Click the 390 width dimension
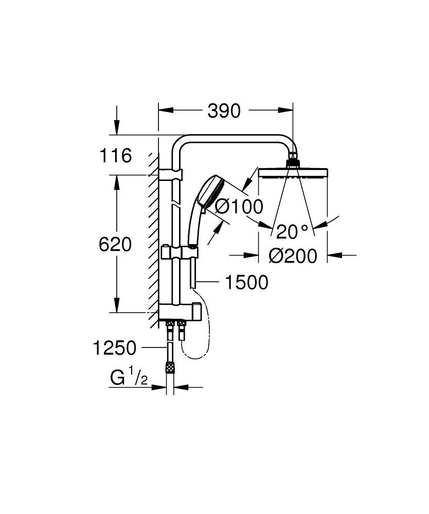point(224,111)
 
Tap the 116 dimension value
point(116,155)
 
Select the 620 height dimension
point(115,244)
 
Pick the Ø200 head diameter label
point(293,255)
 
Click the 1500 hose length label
point(247,282)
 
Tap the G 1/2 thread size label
point(129,379)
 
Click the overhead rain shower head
point(293,172)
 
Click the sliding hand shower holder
point(180,253)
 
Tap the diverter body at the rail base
point(177,310)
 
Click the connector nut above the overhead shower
point(293,161)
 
